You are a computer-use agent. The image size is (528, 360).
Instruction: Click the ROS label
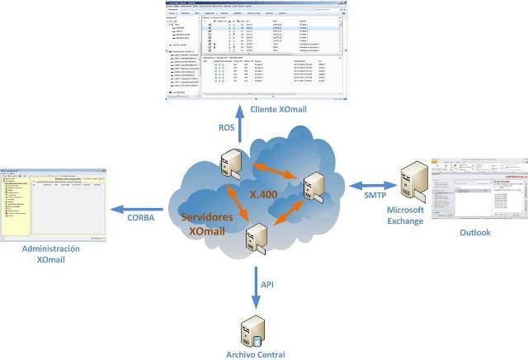226,128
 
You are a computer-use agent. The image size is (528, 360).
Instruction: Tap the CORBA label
143,217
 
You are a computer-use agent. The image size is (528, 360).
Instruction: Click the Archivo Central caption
255,354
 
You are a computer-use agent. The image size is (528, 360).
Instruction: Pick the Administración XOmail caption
52,253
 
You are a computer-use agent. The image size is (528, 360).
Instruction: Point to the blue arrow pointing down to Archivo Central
257,286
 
